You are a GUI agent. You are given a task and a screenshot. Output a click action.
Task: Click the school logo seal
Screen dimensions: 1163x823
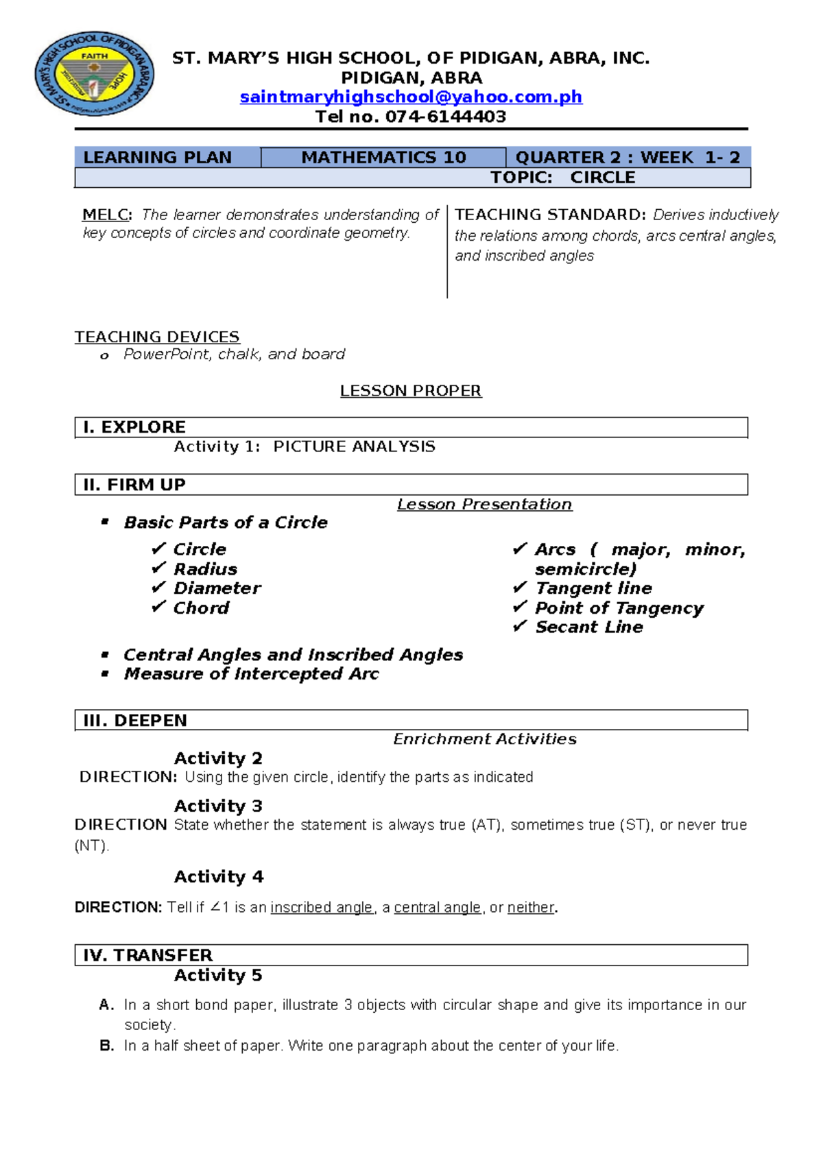[x=95, y=74]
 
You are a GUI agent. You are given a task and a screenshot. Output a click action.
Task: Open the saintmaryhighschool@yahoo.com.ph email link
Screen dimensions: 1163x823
[x=411, y=97]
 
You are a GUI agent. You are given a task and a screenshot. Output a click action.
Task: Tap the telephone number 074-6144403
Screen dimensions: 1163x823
[x=446, y=117]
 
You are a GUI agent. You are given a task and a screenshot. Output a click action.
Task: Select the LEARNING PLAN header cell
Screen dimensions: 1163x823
[x=158, y=158]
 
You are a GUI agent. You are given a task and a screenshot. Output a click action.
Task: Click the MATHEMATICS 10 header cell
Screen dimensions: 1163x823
[x=383, y=158]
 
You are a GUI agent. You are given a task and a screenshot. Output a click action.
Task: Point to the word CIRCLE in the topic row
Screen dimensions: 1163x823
[x=603, y=178]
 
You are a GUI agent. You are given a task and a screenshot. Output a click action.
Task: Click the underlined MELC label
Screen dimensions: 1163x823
[x=106, y=215]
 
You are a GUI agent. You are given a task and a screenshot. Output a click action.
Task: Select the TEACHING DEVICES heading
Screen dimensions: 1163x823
[x=157, y=337]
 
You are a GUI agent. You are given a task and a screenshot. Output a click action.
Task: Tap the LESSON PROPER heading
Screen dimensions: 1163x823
[x=411, y=391]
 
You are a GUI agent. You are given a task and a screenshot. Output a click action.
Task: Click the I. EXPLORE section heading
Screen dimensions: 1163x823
[x=134, y=427]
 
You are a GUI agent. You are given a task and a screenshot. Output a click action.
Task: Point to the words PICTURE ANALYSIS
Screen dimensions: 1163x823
[x=354, y=446]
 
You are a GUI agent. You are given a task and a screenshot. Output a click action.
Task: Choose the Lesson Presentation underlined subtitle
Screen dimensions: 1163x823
[x=484, y=505]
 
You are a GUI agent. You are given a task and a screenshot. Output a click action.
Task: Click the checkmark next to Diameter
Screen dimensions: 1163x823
[x=158, y=588]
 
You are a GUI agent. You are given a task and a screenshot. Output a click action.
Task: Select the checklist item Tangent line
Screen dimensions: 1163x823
[x=593, y=588]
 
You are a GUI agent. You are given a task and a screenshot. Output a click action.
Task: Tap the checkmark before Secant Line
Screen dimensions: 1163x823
[x=520, y=627]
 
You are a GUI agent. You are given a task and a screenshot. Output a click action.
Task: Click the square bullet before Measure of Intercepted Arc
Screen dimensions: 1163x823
[x=105, y=673]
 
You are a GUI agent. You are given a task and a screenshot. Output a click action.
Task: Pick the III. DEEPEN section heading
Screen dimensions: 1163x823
[x=135, y=721]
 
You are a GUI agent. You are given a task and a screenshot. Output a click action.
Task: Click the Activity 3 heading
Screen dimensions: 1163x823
[x=218, y=806]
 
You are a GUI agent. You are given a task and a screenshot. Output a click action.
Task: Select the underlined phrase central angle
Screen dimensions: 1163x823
[x=437, y=907]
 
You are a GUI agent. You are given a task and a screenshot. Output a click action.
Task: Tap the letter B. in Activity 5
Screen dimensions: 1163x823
[x=107, y=1046]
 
